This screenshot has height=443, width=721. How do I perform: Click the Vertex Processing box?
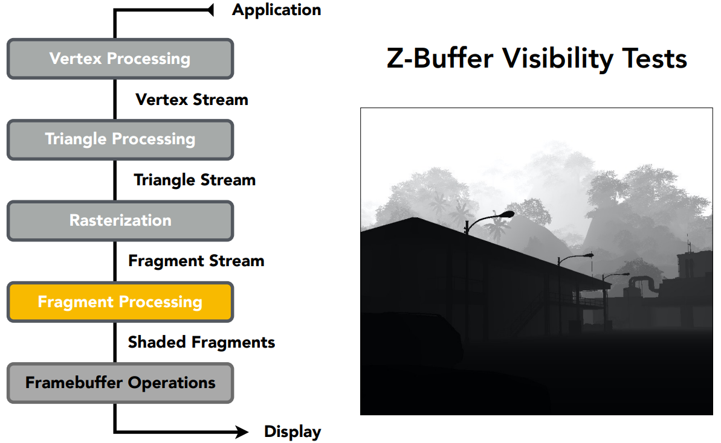tap(120, 59)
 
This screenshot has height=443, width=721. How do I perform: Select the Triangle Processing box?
tap(120, 139)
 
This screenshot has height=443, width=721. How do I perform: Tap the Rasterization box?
tap(120, 221)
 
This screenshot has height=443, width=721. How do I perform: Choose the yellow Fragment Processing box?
tap(120, 302)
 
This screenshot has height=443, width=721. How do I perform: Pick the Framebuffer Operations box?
tap(120, 383)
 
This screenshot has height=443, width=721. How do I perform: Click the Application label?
tap(276, 10)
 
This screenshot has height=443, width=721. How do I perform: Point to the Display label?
tap(293, 432)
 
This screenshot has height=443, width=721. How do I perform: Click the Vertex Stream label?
tap(192, 100)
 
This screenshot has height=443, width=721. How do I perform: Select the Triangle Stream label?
tap(195, 180)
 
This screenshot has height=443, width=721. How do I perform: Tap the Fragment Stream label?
tap(196, 261)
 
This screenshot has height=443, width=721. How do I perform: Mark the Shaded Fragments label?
tap(201, 342)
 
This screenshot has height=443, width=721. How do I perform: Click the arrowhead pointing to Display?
tap(242, 432)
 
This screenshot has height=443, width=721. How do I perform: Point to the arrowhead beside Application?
tap(210, 10)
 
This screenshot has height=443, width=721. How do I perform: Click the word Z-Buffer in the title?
tap(440, 59)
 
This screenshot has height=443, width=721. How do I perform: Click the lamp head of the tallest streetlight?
tap(508, 214)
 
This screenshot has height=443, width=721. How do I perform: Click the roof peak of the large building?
tap(415, 218)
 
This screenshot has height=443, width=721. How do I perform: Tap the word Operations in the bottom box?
tap(172, 383)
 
